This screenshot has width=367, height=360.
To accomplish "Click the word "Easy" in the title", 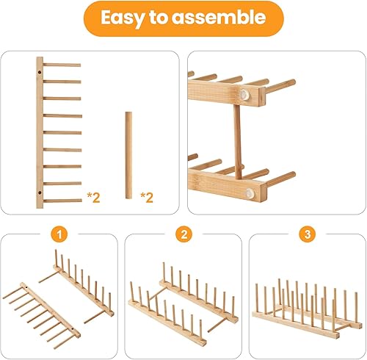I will (124, 18).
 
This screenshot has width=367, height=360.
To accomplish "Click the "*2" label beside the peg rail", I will (94, 196).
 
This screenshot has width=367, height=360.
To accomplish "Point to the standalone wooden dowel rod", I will (128, 154).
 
